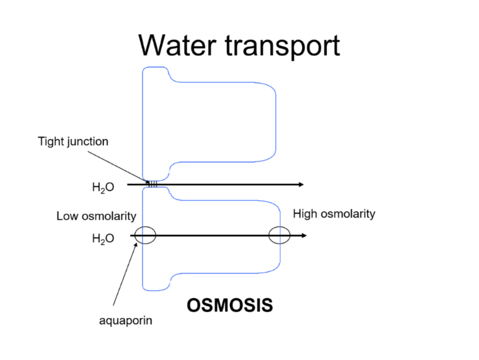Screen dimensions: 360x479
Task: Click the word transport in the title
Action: [x=282, y=46]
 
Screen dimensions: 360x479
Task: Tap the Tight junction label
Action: [x=73, y=141]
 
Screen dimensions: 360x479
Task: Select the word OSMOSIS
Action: [x=230, y=305]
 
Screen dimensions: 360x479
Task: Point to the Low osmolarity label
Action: [x=96, y=216]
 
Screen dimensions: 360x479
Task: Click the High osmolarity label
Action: [x=334, y=214]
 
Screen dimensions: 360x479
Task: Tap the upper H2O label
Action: [x=103, y=188]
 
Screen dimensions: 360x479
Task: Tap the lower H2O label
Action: [x=103, y=238]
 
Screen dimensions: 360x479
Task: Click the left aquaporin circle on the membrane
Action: [x=145, y=235]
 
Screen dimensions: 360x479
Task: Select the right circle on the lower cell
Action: [x=279, y=235]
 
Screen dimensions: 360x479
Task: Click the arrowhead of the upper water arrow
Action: [x=301, y=185]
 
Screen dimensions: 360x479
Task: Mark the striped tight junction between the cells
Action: [x=152, y=185]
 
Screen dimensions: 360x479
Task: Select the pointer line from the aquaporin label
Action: [x=124, y=274]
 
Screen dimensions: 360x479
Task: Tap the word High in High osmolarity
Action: [x=304, y=214]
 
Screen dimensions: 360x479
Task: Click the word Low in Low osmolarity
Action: [x=67, y=216]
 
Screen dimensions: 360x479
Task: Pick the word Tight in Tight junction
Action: [x=51, y=141]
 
